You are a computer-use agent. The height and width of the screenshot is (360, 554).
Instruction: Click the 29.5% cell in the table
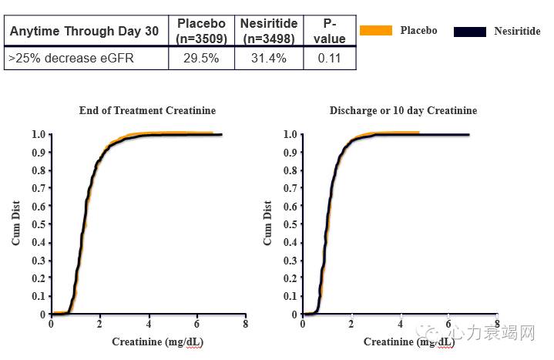click(x=202, y=58)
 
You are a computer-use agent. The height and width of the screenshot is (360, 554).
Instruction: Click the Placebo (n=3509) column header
click(x=202, y=30)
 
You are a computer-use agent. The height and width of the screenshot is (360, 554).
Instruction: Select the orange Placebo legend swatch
click(x=375, y=31)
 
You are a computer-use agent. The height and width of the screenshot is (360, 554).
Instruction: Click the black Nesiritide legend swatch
click(x=470, y=32)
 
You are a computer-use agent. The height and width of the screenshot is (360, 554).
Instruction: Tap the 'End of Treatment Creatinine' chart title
click(x=147, y=111)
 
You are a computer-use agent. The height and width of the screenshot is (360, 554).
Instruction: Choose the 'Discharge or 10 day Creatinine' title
click(x=403, y=111)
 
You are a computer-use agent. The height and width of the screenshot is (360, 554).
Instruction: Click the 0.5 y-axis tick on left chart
click(x=38, y=224)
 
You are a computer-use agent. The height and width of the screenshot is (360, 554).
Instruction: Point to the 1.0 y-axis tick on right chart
click(x=290, y=134)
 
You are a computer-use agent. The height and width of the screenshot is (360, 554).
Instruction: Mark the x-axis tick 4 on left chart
click(x=148, y=325)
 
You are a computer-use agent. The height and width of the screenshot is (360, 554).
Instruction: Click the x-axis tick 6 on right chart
click(x=448, y=325)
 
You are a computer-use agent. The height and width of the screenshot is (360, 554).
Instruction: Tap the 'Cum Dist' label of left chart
click(x=15, y=224)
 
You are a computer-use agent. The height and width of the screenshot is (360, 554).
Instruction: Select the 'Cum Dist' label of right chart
click(x=267, y=224)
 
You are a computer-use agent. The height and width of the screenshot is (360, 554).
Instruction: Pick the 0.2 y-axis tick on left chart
click(x=38, y=278)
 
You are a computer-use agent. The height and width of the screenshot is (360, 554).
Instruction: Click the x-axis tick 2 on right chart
click(x=351, y=325)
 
